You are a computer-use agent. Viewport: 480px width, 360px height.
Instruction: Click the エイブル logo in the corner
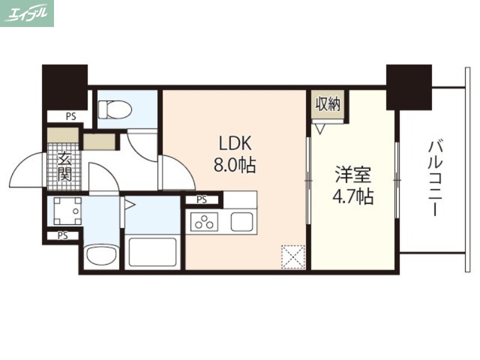point(27,13)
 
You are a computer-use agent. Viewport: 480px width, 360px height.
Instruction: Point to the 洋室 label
point(353,176)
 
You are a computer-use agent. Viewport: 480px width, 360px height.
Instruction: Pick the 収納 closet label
point(328,104)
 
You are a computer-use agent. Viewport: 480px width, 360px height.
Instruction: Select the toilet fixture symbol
point(115,109)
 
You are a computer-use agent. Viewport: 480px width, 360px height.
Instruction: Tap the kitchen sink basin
point(242,221)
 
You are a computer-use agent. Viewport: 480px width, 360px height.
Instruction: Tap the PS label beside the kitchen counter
point(202,200)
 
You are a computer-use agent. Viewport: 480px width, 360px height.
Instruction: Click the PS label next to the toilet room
point(71,117)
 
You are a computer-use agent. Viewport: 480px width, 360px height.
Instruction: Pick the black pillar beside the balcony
point(409,86)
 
